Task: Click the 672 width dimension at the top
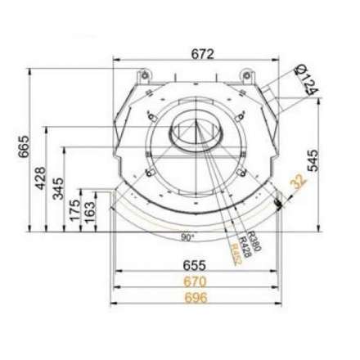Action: click(202, 54)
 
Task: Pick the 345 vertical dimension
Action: click(58, 190)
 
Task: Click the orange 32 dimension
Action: click(296, 185)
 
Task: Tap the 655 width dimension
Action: click(194, 266)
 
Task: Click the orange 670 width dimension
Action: click(194, 281)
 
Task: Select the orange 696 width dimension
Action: click(194, 297)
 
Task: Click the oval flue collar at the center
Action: click(195, 129)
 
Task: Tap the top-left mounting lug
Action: click(144, 75)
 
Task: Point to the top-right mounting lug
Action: click(245, 75)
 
